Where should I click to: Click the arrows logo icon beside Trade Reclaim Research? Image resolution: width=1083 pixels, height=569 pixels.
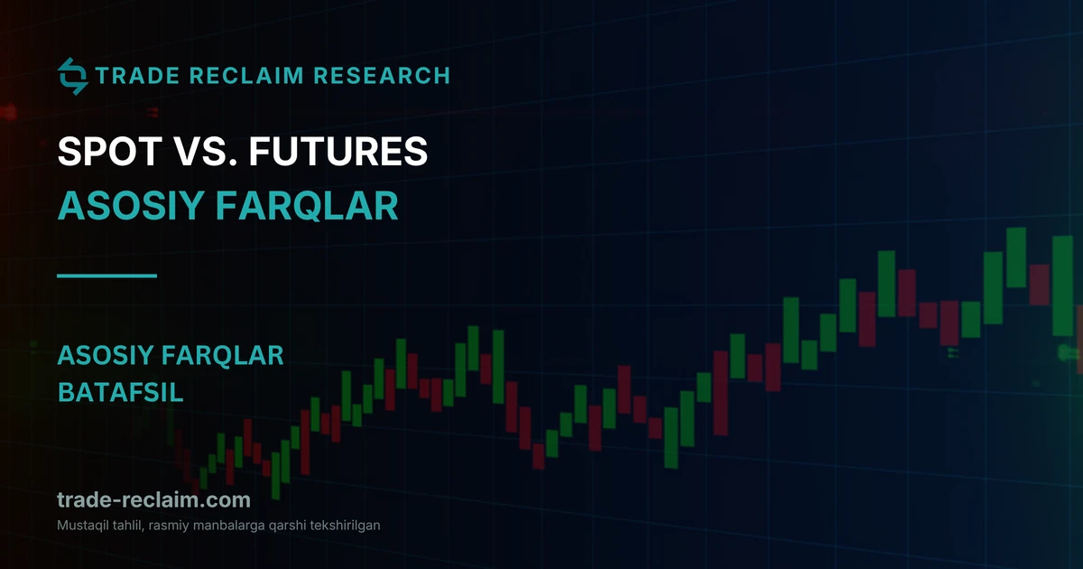pyautogui.click(x=72, y=77)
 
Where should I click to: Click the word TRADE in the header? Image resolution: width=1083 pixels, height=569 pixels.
pyautogui.click(x=138, y=76)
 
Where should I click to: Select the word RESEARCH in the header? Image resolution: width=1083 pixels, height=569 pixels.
pyautogui.click(x=382, y=76)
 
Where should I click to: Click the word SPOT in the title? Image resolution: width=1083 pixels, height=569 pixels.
pyautogui.click(x=110, y=151)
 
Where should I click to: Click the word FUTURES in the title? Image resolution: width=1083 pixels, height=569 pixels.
pyautogui.click(x=338, y=151)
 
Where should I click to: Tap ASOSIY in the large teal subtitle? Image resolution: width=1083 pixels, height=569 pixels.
pyautogui.click(x=131, y=206)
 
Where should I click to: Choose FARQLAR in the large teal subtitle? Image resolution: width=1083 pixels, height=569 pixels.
pyautogui.click(x=307, y=206)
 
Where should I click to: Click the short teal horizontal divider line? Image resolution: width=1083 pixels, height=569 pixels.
pyautogui.click(x=106, y=275)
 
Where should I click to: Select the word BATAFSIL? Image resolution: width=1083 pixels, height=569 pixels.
pyautogui.click(x=120, y=392)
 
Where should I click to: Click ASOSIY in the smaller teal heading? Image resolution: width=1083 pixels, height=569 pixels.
pyautogui.click(x=106, y=356)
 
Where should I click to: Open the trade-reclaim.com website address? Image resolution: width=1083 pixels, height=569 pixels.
pyautogui.click(x=153, y=499)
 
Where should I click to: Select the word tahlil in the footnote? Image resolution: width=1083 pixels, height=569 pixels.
pyautogui.click(x=128, y=526)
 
